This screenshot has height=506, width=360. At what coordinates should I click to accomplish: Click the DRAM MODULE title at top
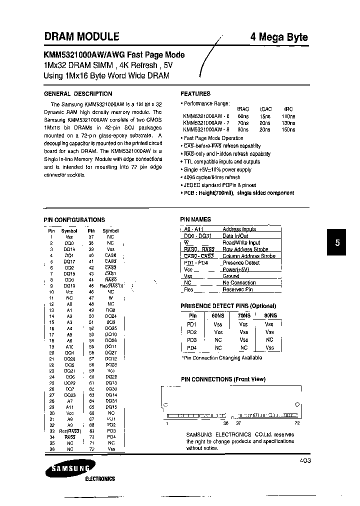[x=81, y=36]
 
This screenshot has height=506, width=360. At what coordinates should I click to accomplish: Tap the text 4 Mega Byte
[x=278, y=37]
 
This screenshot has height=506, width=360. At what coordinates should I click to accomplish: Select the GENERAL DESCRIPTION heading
[x=78, y=93]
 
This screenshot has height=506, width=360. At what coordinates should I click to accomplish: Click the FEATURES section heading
[x=195, y=93]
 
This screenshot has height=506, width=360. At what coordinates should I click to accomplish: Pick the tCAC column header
[x=265, y=108]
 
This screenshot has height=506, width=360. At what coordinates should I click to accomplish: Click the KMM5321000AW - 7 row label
[x=206, y=122]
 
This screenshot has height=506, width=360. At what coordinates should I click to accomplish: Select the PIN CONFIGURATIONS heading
[x=74, y=219]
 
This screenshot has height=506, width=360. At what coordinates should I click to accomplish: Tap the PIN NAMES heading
[x=195, y=219]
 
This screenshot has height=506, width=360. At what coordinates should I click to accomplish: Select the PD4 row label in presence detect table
[x=192, y=347]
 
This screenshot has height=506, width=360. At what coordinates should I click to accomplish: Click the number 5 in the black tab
[x=337, y=243]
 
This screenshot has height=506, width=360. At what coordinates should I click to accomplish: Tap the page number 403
[x=305, y=460]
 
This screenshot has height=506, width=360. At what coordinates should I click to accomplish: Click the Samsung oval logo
[x=67, y=469]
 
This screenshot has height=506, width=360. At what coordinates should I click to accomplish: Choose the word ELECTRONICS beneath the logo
[x=100, y=479]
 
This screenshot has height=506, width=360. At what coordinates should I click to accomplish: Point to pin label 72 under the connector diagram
[x=296, y=423]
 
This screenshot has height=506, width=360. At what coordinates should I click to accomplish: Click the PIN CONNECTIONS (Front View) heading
[x=222, y=379]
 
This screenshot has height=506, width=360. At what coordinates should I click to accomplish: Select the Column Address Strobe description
[x=248, y=256]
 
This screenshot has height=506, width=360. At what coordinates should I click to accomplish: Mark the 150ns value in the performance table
[x=288, y=129]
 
